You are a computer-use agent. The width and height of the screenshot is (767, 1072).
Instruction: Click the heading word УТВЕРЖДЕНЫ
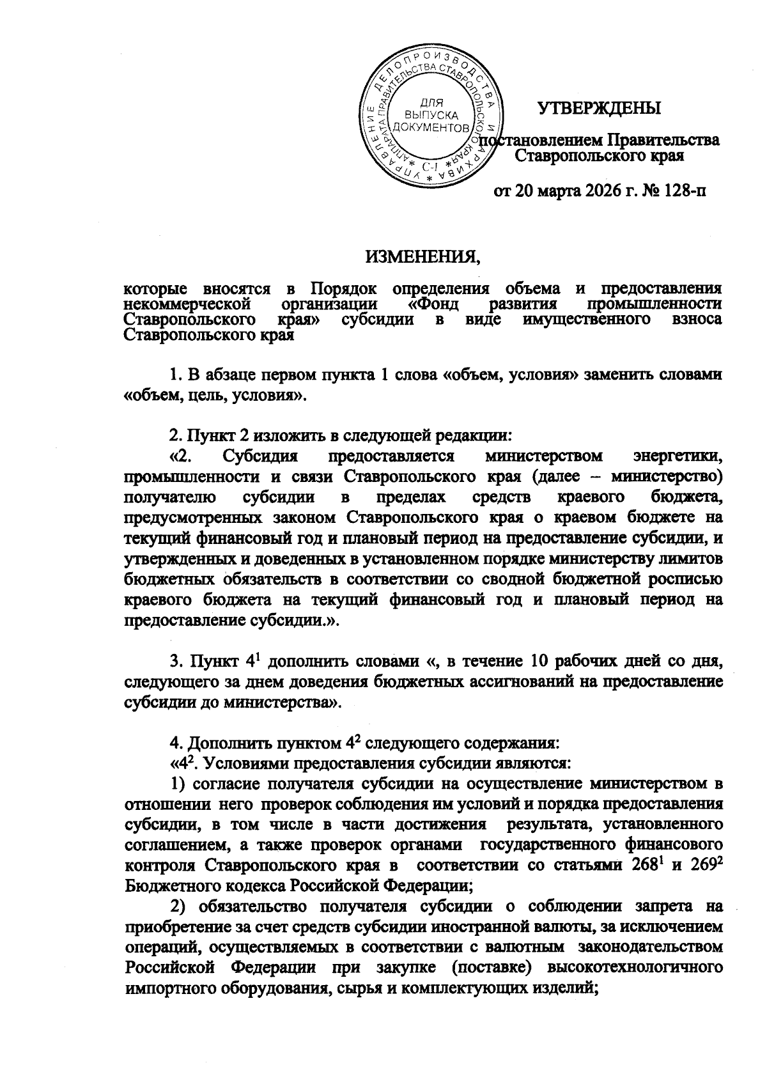point(598,108)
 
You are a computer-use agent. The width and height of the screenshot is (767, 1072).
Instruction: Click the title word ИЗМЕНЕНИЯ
point(423,257)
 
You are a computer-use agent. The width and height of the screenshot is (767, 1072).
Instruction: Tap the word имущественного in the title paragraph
point(588,318)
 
